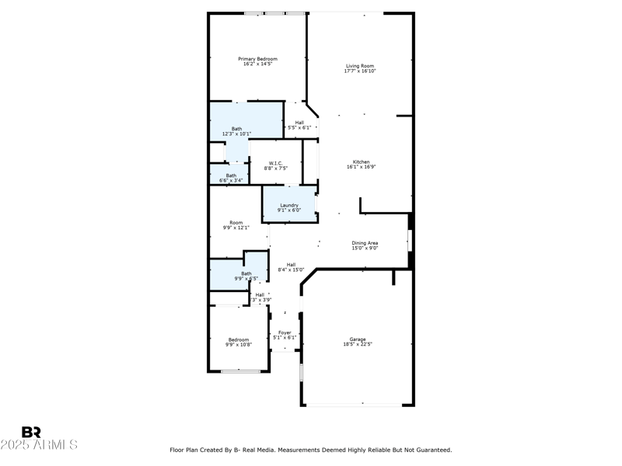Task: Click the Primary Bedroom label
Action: click(x=257, y=59)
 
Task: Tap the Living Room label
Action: click(x=360, y=66)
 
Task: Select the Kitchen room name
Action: click(x=362, y=162)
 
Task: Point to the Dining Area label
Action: click(x=364, y=243)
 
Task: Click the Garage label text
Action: click(x=358, y=339)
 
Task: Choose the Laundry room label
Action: click(x=289, y=205)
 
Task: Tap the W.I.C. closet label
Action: click(x=275, y=162)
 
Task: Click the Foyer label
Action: click(x=285, y=332)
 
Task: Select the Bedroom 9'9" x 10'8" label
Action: click(x=239, y=339)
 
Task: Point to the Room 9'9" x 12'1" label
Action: click(x=236, y=223)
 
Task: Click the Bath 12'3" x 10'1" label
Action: click(x=236, y=129)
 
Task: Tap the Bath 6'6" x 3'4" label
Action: click(x=231, y=176)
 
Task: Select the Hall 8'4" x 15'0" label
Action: click(x=291, y=265)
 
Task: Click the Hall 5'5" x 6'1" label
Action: click(x=299, y=122)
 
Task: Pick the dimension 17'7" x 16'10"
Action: click(x=360, y=71)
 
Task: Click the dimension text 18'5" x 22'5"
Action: click(x=358, y=345)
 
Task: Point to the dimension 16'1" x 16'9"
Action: click(x=362, y=167)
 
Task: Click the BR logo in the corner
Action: click(x=31, y=432)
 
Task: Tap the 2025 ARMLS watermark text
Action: click(x=39, y=445)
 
